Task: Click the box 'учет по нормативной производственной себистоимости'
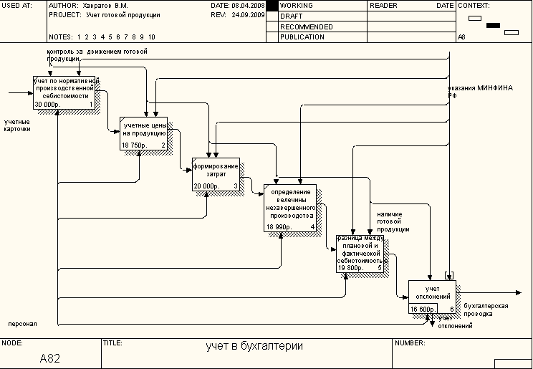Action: pyautogui.click(x=64, y=92)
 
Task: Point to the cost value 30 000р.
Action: pyautogui.click(x=48, y=105)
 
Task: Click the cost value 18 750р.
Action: pyautogui.click(x=134, y=145)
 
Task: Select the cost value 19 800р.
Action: pyautogui.click(x=351, y=268)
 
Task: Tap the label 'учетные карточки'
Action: pyautogui.click(x=17, y=125)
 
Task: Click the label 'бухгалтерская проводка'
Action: pyautogui.click(x=474, y=310)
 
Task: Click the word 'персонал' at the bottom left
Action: pyautogui.click(x=21, y=324)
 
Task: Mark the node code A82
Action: pyautogui.click(x=49, y=358)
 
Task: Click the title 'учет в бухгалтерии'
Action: pyautogui.click(x=254, y=346)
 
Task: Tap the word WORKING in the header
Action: pyautogui.click(x=297, y=5)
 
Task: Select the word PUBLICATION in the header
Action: pyautogui.click(x=302, y=37)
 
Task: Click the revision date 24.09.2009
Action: pyautogui.click(x=247, y=14)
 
